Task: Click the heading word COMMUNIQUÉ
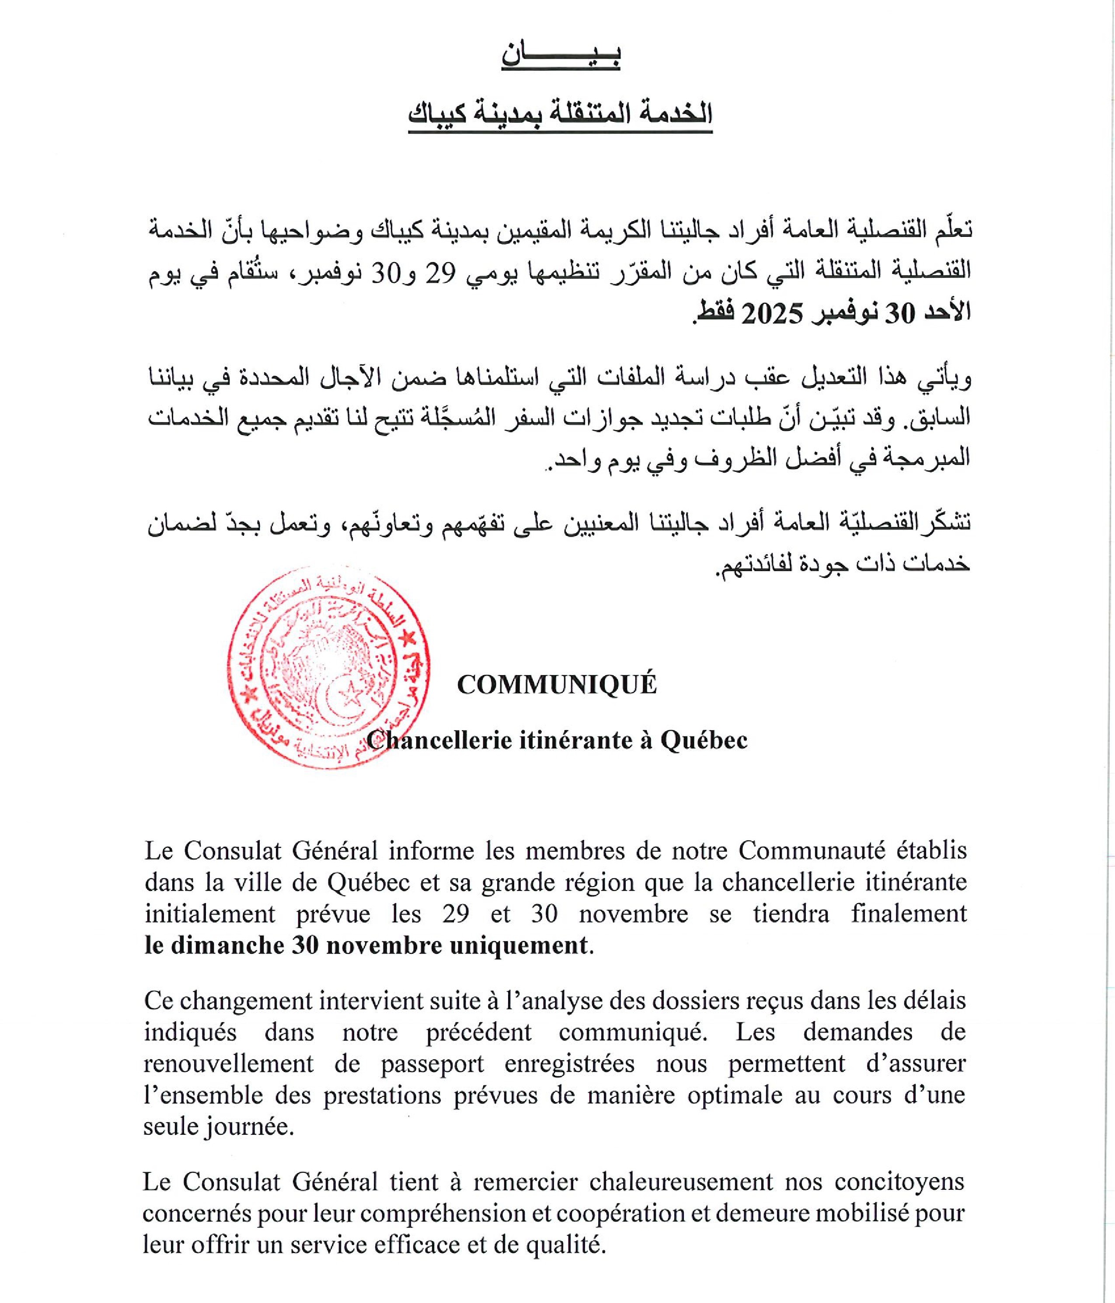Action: click(557, 685)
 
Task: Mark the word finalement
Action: click(909, 914)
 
